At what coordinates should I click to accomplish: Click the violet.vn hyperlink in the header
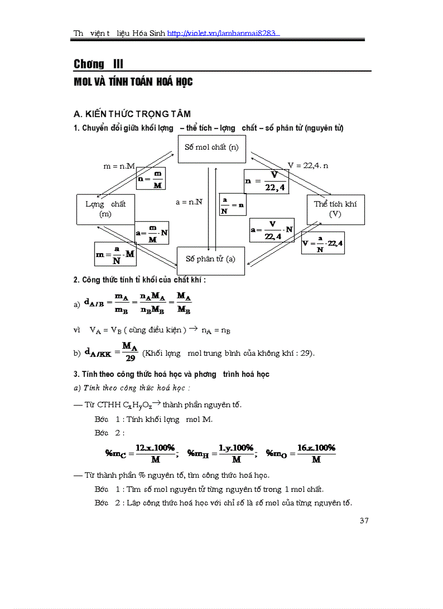(x=223, y=33)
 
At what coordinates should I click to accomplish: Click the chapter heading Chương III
(x=99, y=64)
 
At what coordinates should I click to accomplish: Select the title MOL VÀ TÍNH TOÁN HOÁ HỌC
(x=133, y=82)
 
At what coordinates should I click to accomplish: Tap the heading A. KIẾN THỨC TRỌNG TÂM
(x=132, y=114)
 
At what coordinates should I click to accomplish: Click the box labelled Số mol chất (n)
(x=211, y=148)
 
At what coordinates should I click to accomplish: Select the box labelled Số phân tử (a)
(x=211, y=259)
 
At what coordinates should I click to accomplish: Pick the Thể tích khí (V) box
(x=335, y=209)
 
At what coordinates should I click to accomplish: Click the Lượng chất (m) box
(x=105, y=209)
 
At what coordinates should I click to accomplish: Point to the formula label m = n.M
(x=119, y=166)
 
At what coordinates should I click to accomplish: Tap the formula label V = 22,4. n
(x=308, y=165)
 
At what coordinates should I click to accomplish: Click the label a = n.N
(x=189, y=202)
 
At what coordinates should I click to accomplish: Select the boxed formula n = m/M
(x=151, y=179)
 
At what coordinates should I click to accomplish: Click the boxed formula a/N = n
(x=232, y=205)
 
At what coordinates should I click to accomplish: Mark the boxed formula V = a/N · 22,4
(x=323, y=244)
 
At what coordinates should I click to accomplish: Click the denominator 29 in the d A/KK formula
(x=130, y=358)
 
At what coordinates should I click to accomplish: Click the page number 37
(x=364, y=521)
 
